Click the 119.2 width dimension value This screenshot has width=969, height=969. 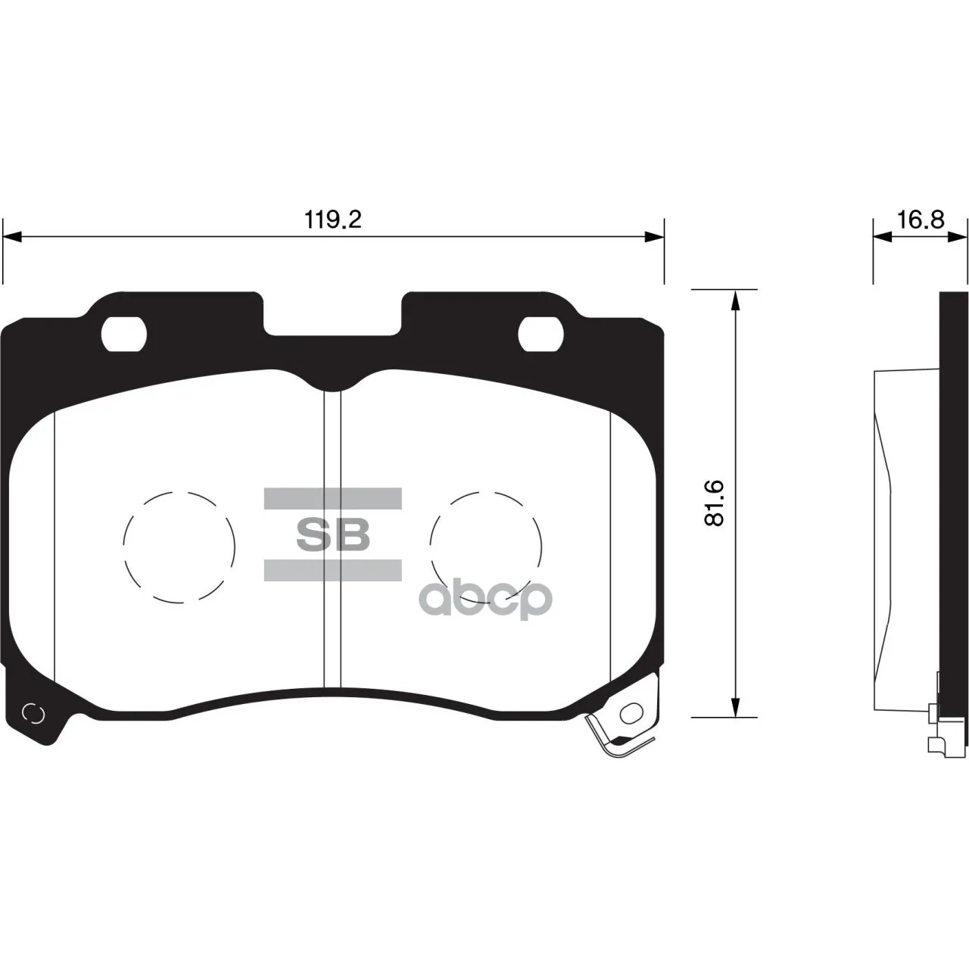[x=333, y=220]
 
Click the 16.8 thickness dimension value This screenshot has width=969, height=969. [x=921, y=220]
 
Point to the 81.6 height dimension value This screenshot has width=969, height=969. [x=714, y=503]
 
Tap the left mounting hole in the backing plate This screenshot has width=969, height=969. [x=123, y=335]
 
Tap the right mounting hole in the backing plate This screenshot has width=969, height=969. [x=541, y=335]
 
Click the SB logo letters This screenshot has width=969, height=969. [x=333, y=535]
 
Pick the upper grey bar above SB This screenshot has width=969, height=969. [x=333, y=498]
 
